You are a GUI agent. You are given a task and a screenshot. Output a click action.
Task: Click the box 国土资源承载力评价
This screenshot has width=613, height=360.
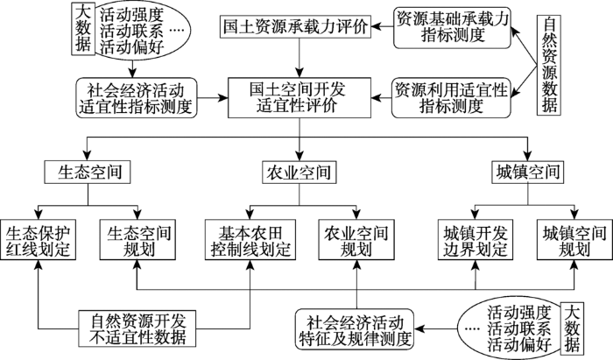295,27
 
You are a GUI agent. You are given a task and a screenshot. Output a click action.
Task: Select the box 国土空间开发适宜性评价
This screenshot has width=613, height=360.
299,98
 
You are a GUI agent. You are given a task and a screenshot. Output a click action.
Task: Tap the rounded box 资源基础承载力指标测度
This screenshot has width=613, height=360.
452,27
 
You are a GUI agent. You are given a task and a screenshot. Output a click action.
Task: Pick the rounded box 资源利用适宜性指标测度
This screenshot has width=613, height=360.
451,98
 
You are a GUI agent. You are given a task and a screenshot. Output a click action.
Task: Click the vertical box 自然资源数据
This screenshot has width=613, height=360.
549,66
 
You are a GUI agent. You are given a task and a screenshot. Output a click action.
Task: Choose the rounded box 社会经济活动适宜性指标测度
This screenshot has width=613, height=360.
137,98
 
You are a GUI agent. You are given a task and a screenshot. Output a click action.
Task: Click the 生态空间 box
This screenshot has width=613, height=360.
88,172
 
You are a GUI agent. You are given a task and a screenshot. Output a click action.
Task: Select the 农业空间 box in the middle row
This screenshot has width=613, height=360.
299,173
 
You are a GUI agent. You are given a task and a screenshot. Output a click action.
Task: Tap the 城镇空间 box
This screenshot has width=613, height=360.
527,172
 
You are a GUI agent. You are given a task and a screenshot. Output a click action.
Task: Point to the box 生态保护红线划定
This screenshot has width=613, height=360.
38,240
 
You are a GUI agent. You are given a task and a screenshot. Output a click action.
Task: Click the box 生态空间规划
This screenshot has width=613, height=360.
137,240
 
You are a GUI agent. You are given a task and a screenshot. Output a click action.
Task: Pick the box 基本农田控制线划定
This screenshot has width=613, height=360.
250,240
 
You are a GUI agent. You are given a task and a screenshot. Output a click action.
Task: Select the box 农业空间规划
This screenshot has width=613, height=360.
356,240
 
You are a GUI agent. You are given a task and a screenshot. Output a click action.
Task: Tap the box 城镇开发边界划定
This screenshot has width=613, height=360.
475,240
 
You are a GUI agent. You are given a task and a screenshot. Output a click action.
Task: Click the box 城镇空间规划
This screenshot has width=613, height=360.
574,240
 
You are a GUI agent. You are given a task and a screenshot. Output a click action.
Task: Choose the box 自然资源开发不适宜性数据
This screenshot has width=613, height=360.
137,328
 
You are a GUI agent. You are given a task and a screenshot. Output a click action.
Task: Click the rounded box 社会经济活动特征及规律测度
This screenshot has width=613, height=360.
355,328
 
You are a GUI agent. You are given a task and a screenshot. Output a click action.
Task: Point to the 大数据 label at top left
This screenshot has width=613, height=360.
83,29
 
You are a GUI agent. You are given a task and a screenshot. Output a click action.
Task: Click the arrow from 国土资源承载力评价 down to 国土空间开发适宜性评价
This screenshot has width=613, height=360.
299,58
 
